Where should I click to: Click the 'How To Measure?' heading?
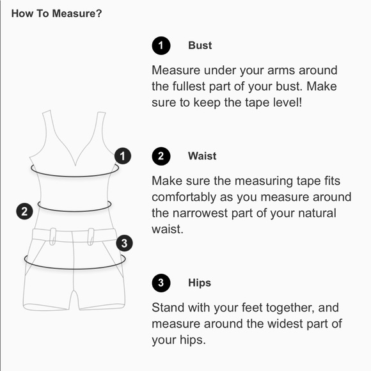coord(56,13)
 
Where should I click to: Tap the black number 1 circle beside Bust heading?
coord(161,45)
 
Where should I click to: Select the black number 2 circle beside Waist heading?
coord(161,156)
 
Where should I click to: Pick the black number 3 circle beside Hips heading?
coord(161,283)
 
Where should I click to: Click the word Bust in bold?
coord(200,45)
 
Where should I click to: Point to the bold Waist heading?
coord(202,156)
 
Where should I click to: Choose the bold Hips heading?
coord(200,283)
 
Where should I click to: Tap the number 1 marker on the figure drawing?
coord(123,156)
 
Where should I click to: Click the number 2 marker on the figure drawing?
coord(24,211)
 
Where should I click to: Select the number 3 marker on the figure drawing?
coord(125,243)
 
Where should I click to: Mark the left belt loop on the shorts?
coord(52,237)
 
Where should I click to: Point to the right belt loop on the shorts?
coord(91,237)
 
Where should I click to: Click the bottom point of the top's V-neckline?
coord(75,166)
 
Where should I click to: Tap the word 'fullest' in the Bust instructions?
coord(189,86)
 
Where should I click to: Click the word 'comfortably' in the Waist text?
coord(184,197)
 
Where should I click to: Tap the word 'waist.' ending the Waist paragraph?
coord(168,229)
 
